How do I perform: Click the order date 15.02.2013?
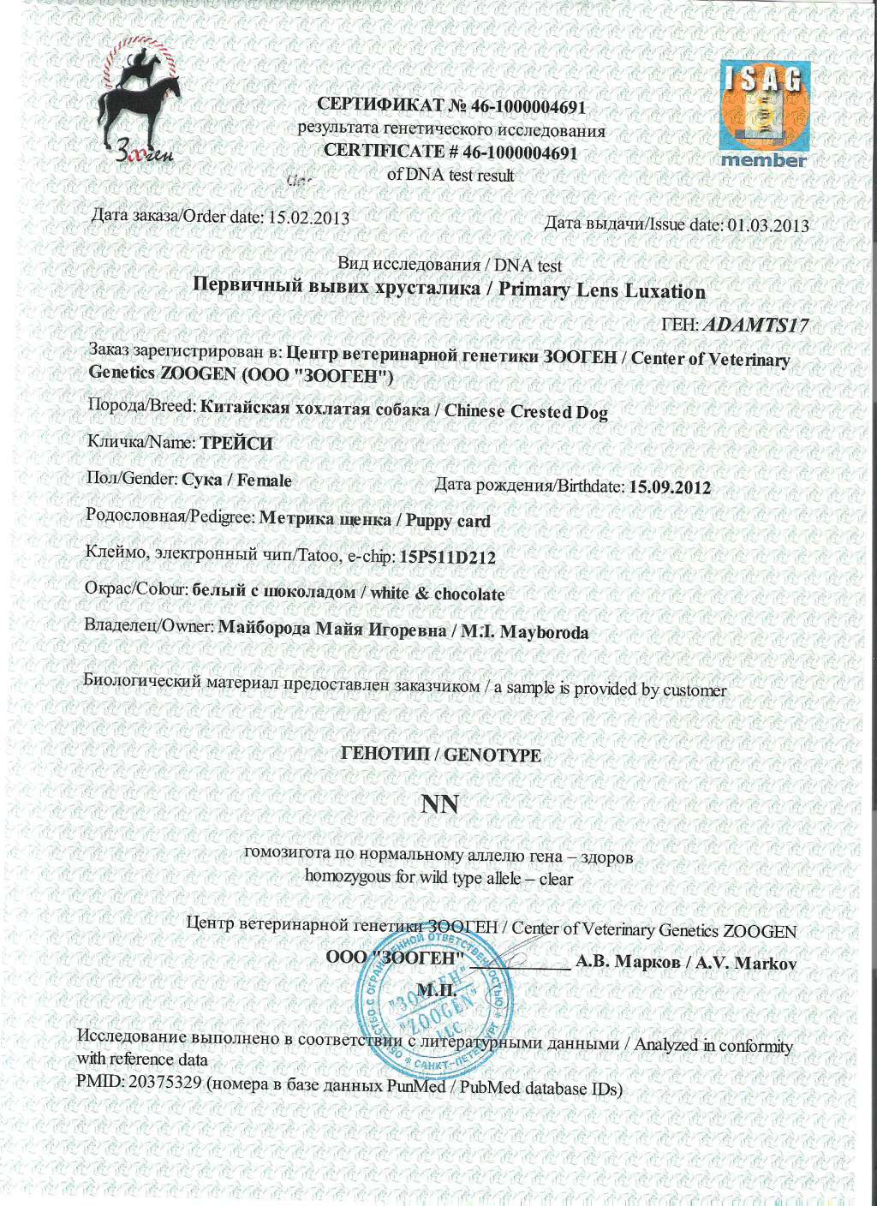pos(309,218)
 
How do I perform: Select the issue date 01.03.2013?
pos(768,225)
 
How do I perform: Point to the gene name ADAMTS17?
pos(759,325)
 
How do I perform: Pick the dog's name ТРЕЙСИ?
pos(236,444)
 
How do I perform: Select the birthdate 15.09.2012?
pos(670,487)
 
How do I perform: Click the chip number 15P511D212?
pos(448,558)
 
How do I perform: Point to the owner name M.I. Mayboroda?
pos(524,633)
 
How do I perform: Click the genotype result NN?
pos(440,804)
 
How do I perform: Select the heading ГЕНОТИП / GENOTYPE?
pos(440,755)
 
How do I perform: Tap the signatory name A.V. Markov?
pos(746,963)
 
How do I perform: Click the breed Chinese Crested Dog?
pos(526,411)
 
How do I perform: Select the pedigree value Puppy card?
pos(448,521)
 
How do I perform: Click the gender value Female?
pos(264,481)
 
